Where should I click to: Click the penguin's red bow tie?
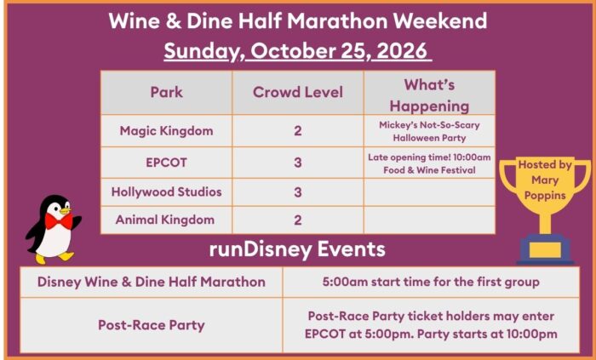pyautogui.click(x=59, y=221)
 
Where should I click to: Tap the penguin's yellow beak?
pyautogui.click(x=65, y=209)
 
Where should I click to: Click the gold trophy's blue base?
pyautogui.click(x=545, y=249)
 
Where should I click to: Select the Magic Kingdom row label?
pyautogui.click(x=167, y=131)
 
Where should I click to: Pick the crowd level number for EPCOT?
pyautogui.click(x=298, y=163)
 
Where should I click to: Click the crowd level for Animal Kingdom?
pyautogui.click(x=298, y=220)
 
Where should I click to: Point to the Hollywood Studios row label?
pyautogui.click(x=167, y=191)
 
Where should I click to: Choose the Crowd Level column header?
pyautogui.click(x=298, y=92)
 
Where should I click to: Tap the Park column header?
pyautogui.click(x=167, y=92)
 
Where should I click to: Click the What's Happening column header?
pyautogui.click(x=429, y=95)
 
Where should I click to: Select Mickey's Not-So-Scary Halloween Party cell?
pyautogui.click(x=429, y=131)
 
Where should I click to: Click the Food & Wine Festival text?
pyautogui.click(x=429, y=169)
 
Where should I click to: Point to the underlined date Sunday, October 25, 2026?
pyautogui.click(x=298, y=51)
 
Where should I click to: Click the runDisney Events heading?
pyautogui.click(x=297, y=249)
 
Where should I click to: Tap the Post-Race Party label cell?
pyautogui.click(x=152, y=325)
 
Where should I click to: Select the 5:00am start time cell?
pyautogui.click(x=431, y=283)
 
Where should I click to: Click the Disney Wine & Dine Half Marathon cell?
pyautogui.click(x=152, y=283)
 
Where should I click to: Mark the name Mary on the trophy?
pyautogui.click(x=545, y=180)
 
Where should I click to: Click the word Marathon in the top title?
pyautogui.click(x=337, y=21)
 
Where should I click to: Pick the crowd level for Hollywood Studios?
pyautogui.click(x=298, y=192)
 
